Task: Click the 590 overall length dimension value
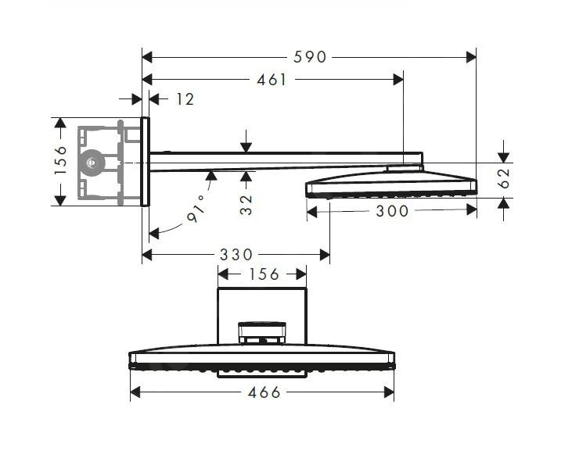(x=311, y=57)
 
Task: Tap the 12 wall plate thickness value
(x=185, y=99)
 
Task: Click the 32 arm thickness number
(x=246, y=205)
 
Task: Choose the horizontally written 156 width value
(x=263, y=274)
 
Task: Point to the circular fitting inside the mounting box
(x=94, y=163)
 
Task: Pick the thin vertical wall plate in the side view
(x=145, y=162)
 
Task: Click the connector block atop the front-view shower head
(x=261, y=333)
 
